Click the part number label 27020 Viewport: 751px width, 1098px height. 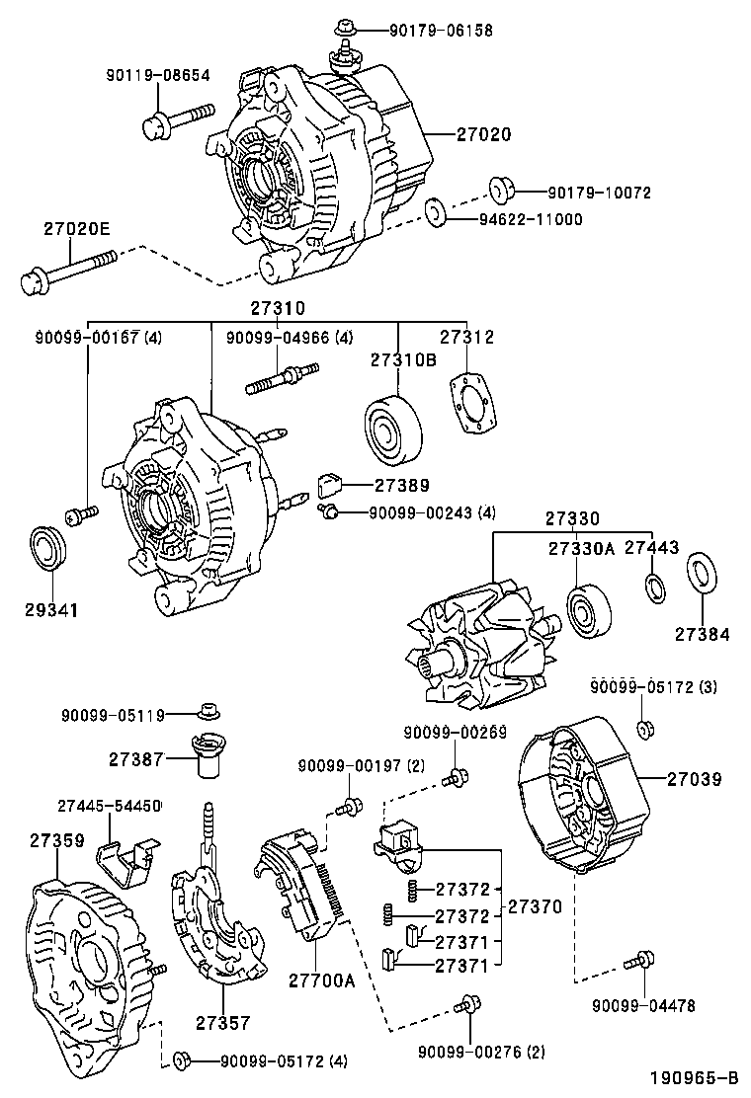[x=483, y=134]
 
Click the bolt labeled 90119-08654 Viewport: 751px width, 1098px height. [x=174, y=123]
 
